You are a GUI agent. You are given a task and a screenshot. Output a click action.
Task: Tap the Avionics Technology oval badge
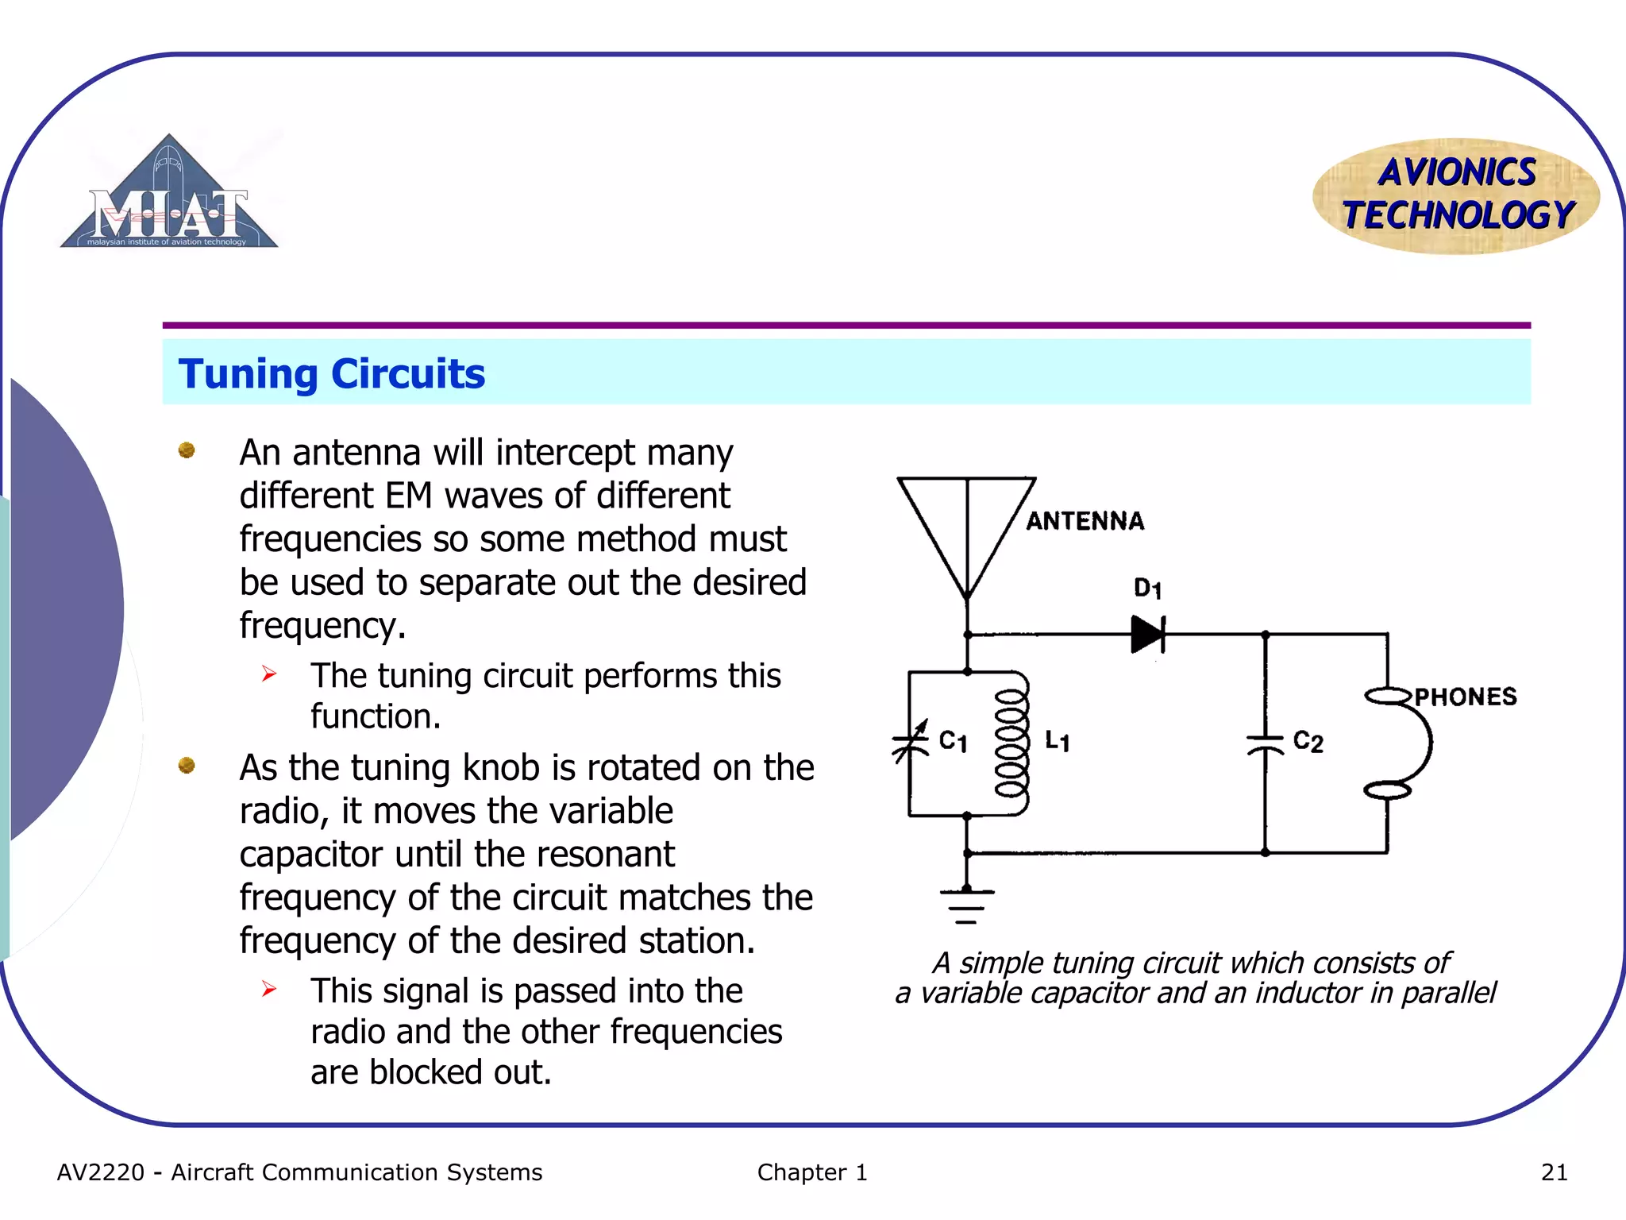click(1456, 195)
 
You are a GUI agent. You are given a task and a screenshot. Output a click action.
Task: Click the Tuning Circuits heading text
click(331, 373)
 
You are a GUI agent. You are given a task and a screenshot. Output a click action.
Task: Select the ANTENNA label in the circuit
click(1085, 521)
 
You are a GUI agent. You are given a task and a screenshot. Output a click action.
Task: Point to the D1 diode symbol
click(1147, 634)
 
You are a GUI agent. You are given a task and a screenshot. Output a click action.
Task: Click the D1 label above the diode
click(1147, 589)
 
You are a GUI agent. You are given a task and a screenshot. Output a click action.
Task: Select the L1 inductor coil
click(1011, 743)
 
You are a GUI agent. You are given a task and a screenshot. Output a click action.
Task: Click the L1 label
click(1057, 742)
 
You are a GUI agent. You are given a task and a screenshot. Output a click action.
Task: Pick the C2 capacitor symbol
click(1265, 744)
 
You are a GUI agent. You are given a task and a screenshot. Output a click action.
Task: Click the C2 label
click(1308, 742)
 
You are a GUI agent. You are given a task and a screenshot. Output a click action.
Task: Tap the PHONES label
click(1465, 697)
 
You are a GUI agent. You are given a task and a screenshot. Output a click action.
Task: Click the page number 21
click(1554, 1172)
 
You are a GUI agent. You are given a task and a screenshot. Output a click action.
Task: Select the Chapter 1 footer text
click(811, 1172)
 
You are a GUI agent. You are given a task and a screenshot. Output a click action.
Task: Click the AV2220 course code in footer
click(101, 1172)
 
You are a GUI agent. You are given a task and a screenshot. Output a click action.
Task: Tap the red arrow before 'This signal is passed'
click(269, 989)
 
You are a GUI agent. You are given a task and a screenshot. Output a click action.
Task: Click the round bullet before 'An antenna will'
click(187, 450)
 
